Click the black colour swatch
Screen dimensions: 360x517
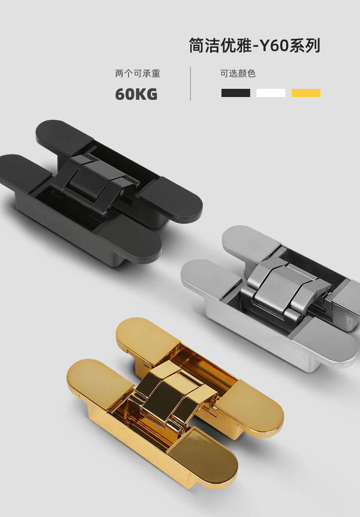tap(236, 93)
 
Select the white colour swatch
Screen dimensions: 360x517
tap(271, 93)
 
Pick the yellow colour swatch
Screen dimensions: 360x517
tap(306, 93)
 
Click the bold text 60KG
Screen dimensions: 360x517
tap(136, 94)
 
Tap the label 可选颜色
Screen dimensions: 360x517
tap(238, 73)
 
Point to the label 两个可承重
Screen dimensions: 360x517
tap(138, 73)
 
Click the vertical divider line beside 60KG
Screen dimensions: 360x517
tap(190, 84)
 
